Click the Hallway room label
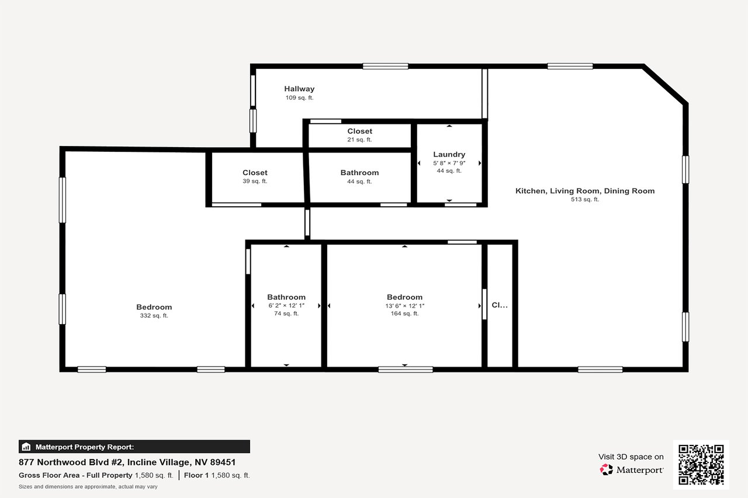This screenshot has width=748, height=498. (x=299, y=89)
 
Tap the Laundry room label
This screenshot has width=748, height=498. (x=449, y=155)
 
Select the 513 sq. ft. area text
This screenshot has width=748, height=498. (x=585, y=200)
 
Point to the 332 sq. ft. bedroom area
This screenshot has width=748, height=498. (x=154, y=316)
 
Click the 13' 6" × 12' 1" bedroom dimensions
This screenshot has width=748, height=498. (x=404, y=305)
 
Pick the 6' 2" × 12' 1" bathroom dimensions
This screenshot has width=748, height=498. (x=286, y=305)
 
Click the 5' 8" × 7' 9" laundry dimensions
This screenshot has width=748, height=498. (x=449, y=163)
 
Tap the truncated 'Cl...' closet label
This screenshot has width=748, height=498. (x=500, y=305)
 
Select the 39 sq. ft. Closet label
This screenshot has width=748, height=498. (x=255, y=173)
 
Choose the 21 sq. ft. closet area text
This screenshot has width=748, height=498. (x=359, y=140)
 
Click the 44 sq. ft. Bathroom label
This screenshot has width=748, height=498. (x=359, y=173)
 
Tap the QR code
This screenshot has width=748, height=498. (x=701, y=465)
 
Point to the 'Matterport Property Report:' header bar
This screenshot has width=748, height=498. (x=134, y=447)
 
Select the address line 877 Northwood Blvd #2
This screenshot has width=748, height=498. (x=127, y=462)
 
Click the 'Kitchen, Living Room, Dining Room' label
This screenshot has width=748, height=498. (x=585, y=191)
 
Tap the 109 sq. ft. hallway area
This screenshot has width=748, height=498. (x=299, y=98)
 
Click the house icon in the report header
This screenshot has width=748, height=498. (x=26, y=447)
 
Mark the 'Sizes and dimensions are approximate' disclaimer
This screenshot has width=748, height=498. (x=88, y=486)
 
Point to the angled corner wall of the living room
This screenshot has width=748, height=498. (x=665, y=85)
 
